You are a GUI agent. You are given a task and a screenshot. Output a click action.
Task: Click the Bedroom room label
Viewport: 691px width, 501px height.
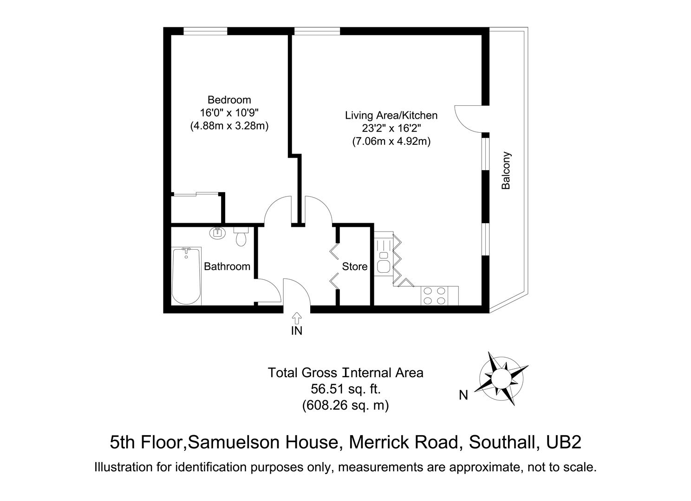tap(229, 100)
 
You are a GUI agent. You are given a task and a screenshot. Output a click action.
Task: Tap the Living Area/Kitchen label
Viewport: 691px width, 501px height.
tap(391, 115)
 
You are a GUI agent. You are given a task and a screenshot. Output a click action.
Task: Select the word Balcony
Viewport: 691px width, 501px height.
tap(506, 171)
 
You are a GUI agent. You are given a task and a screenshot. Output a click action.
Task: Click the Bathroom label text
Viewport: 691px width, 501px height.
tap(227, 267)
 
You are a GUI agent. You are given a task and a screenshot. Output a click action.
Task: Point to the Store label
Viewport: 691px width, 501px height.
tap(355, 267)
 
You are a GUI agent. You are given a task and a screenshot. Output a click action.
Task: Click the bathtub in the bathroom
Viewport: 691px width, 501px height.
tap(186, 276)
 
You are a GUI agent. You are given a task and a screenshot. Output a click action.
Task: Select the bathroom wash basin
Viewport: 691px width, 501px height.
tap(217, 232)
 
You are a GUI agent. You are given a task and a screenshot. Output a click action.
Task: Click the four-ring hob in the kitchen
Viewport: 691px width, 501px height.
tap(434, 296)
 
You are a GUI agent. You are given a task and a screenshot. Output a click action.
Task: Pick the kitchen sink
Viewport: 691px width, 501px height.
tap(384, 265)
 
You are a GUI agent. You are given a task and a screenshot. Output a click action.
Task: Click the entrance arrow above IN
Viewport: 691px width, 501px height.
tap(296, 318)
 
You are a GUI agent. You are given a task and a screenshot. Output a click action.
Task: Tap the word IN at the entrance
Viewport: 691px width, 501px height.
tap(296, 331)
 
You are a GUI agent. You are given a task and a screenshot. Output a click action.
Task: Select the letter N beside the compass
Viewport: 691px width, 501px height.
tap(463, 395)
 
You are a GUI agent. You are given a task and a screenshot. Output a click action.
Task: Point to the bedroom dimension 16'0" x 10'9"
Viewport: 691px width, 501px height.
tap(229, 113)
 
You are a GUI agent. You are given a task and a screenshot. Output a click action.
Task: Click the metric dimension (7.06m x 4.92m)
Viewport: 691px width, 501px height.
tap(391, 141)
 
